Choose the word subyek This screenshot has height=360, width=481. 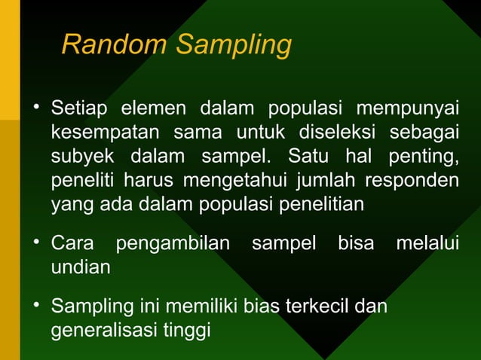click(x=82, y=159)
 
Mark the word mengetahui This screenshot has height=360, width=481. click(x=228, y=182)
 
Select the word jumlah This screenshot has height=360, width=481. click(x=329, y=182)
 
